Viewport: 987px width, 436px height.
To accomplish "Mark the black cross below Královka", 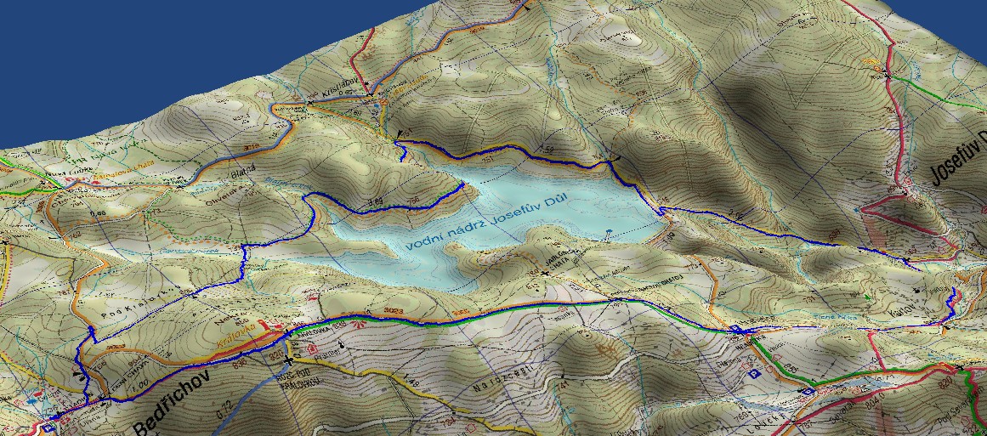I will (289, 360).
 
